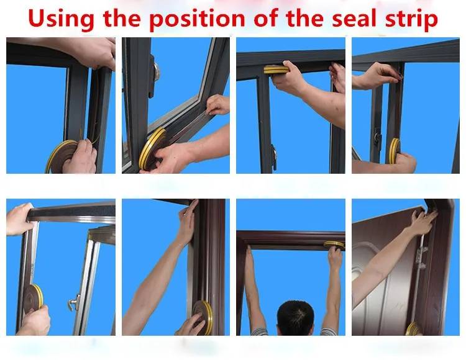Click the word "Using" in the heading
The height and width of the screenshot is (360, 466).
[61, 19]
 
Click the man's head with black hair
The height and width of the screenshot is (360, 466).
[295, 318]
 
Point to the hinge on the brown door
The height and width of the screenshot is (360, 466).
[421, 258]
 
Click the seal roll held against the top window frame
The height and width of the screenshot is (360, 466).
[276, 70]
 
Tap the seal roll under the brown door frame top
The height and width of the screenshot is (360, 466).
[334, 245]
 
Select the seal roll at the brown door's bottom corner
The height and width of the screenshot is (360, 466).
[414, 328]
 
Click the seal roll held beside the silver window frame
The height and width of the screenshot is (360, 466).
[34, 298]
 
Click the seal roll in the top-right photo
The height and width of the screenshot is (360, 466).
[395, 151]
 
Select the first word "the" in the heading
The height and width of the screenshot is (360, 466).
[122, 18]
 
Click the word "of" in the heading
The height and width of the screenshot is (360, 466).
[266, 18]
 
